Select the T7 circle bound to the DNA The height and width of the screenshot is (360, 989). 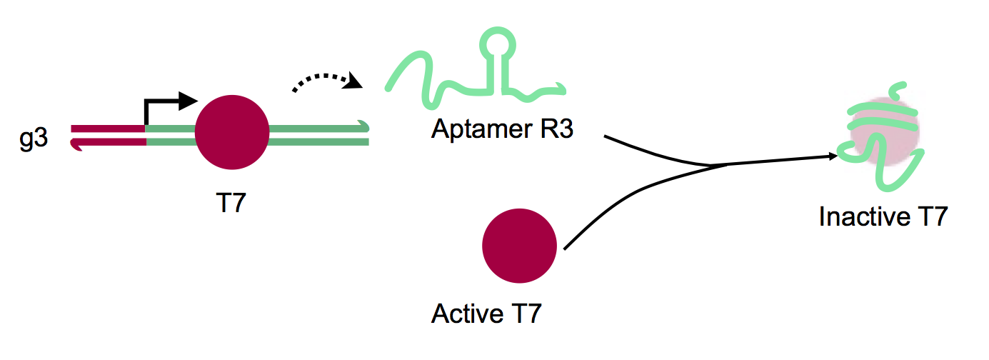[x=231, y=132]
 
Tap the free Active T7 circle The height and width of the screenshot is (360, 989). [x=519, y=246]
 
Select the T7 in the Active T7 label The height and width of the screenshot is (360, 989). [x=526, y=314]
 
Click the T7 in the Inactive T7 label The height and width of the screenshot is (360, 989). [x=930, y=216]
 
